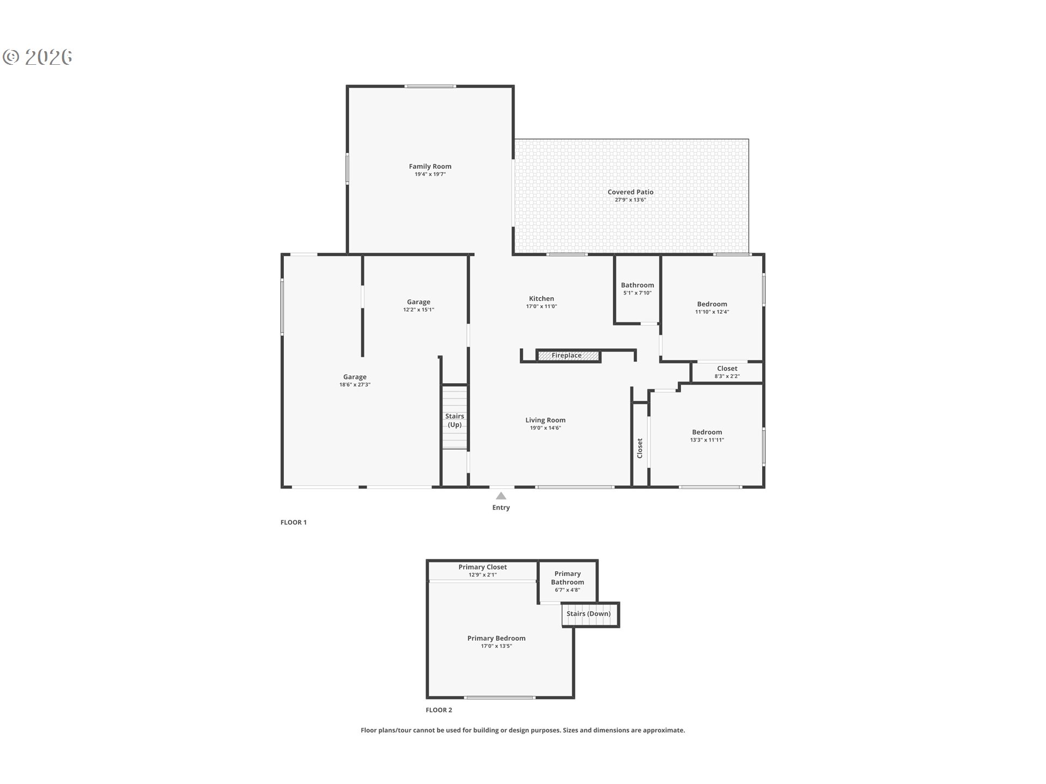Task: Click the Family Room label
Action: (x=430, y=167)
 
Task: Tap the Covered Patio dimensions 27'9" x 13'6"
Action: (x=630, y=200)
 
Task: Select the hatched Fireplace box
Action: (x=568, y=356)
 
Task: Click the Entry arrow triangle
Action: (x=501, y=495)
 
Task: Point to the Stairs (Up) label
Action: (x=454, y=420)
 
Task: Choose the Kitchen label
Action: (x=541, y=298)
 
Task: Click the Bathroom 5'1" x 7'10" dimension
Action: (x=637, y=293)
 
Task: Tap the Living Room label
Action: (x=545, y=420)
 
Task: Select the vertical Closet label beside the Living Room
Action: (x=640, y=448)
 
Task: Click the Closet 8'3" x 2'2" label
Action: (x=727, y=372)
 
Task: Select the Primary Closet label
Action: (x=482, y=567)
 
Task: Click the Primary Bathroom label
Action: (x=567, y=578)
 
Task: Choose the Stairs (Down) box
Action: (x=590, y=614)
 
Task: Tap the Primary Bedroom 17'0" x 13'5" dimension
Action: (x=496, y=646)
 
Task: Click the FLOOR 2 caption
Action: (x=439, y=710)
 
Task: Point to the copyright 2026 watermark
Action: (x=38, y=57)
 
